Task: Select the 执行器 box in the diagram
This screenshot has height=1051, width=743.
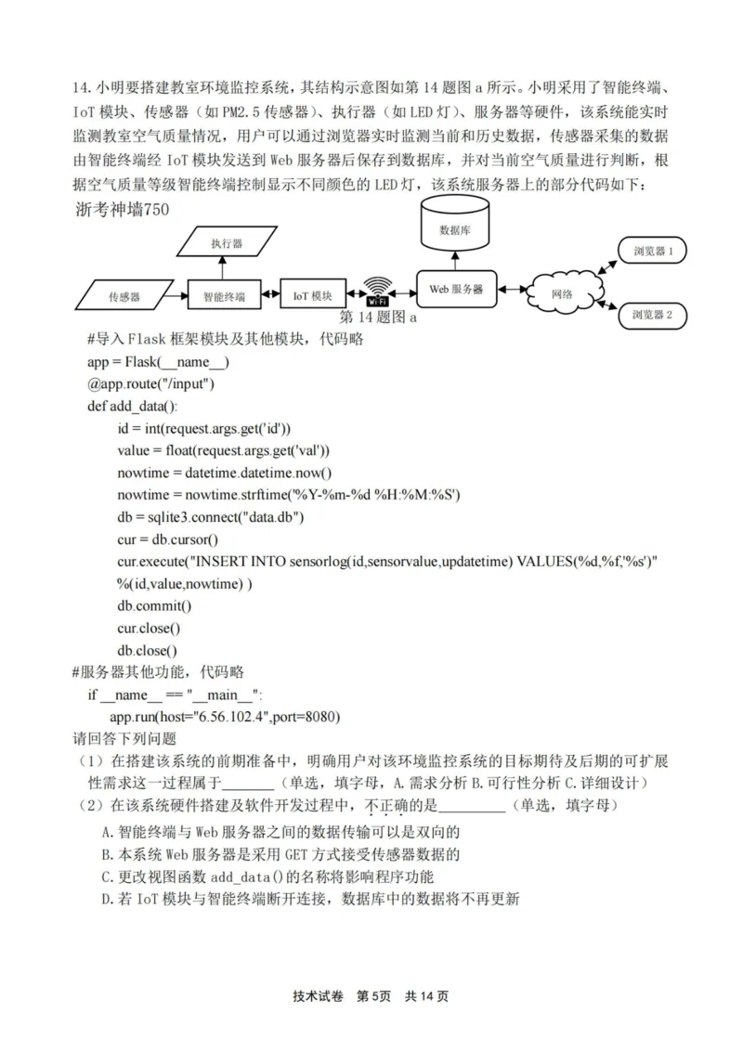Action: coord(226,243)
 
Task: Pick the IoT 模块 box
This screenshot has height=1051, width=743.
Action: coord(313,295)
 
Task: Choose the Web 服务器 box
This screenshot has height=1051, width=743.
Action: coord(455,289)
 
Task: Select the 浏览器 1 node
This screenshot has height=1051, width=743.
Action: coord(658,251)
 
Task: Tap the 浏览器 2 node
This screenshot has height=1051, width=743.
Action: coord(658,315)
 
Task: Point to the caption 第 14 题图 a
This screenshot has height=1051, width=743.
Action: coord(380,318)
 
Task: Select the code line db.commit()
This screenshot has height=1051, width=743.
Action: coord(153,606)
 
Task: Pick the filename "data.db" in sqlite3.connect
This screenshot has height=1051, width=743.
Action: coord(267,517)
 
